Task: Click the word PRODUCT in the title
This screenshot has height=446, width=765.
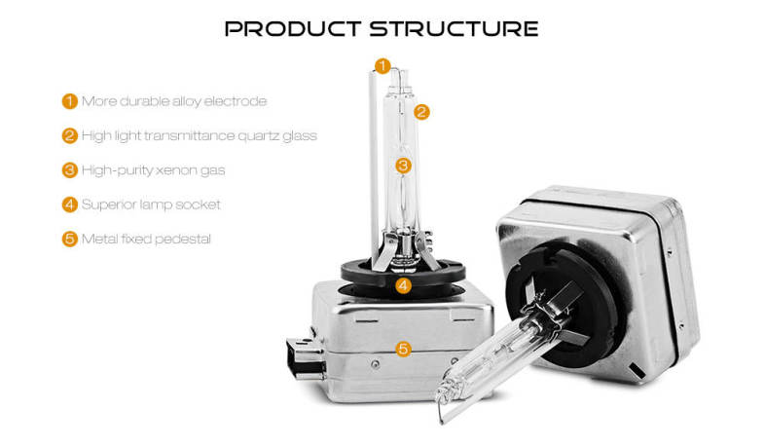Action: [x=292, y=29]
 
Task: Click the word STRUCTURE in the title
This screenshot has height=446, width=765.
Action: [x=454, y=29]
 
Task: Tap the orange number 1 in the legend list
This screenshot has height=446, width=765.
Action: [x=70, y=101]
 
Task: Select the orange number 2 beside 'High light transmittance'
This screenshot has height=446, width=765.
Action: [x=70, y=135]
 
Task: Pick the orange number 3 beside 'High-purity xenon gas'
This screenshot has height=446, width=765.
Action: [x=70, y=170]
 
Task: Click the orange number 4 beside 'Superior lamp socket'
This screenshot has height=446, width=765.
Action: [x=70, y=204]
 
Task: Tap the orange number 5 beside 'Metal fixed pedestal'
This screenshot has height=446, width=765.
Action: [x=70, y=240]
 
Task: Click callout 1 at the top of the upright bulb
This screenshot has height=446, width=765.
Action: [x=382, y=66]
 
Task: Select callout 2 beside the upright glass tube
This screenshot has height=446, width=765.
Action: [x=421, y=112]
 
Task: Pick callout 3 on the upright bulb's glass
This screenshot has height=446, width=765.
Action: [x=403, y=166]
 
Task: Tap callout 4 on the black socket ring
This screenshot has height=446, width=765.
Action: [x=403, y=285]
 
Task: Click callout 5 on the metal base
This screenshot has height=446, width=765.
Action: [x=403, y=349]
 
